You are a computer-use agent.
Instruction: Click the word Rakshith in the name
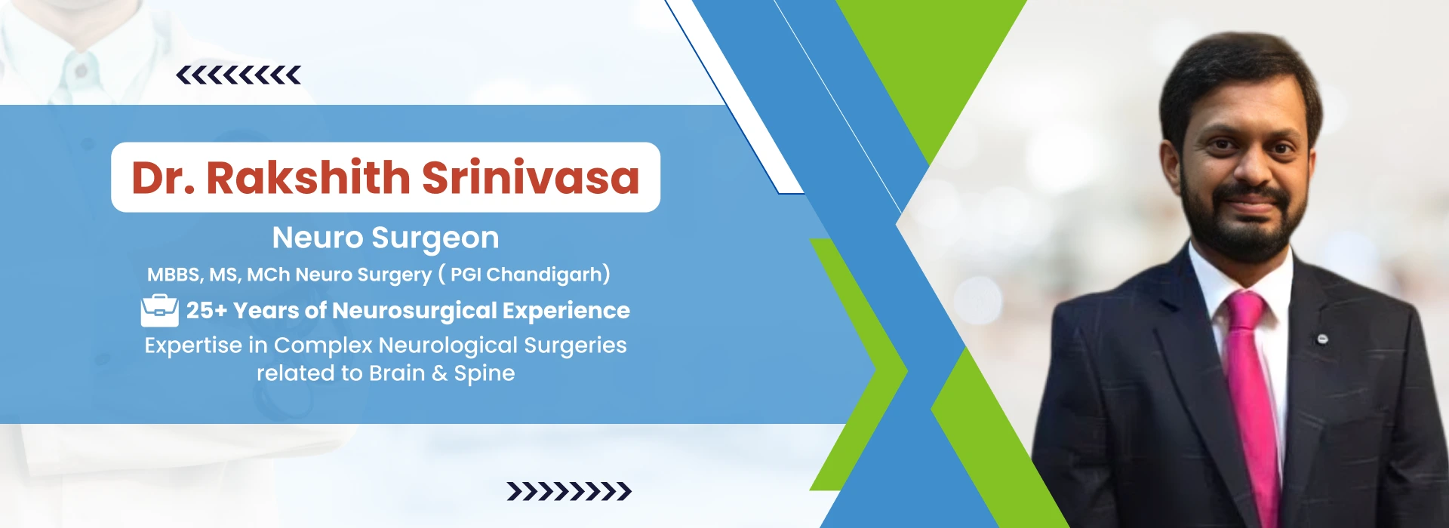click(x=308, y=178)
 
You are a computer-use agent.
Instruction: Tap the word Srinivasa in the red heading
click(x=531, y=178)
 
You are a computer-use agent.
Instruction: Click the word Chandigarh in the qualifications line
click(x=545, y=275)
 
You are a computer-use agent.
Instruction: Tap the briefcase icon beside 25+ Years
click(x=160, y=310)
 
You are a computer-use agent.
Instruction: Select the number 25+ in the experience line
click(x=207, y=310)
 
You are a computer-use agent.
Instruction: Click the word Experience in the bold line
click(x=566, y=310)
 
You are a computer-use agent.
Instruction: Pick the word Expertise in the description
click(x=193, y=345)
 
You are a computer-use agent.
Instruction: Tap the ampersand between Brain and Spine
click(x=440, y=373)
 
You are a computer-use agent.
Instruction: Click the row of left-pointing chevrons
click(x=238, y=75)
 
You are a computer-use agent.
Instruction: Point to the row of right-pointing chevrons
click(x=569, y=492)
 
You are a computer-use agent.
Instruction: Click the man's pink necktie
click(x=1252, y=407)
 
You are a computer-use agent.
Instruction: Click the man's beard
click(x=1245, y=219)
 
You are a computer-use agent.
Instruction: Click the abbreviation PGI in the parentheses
click(x=466, y=275)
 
